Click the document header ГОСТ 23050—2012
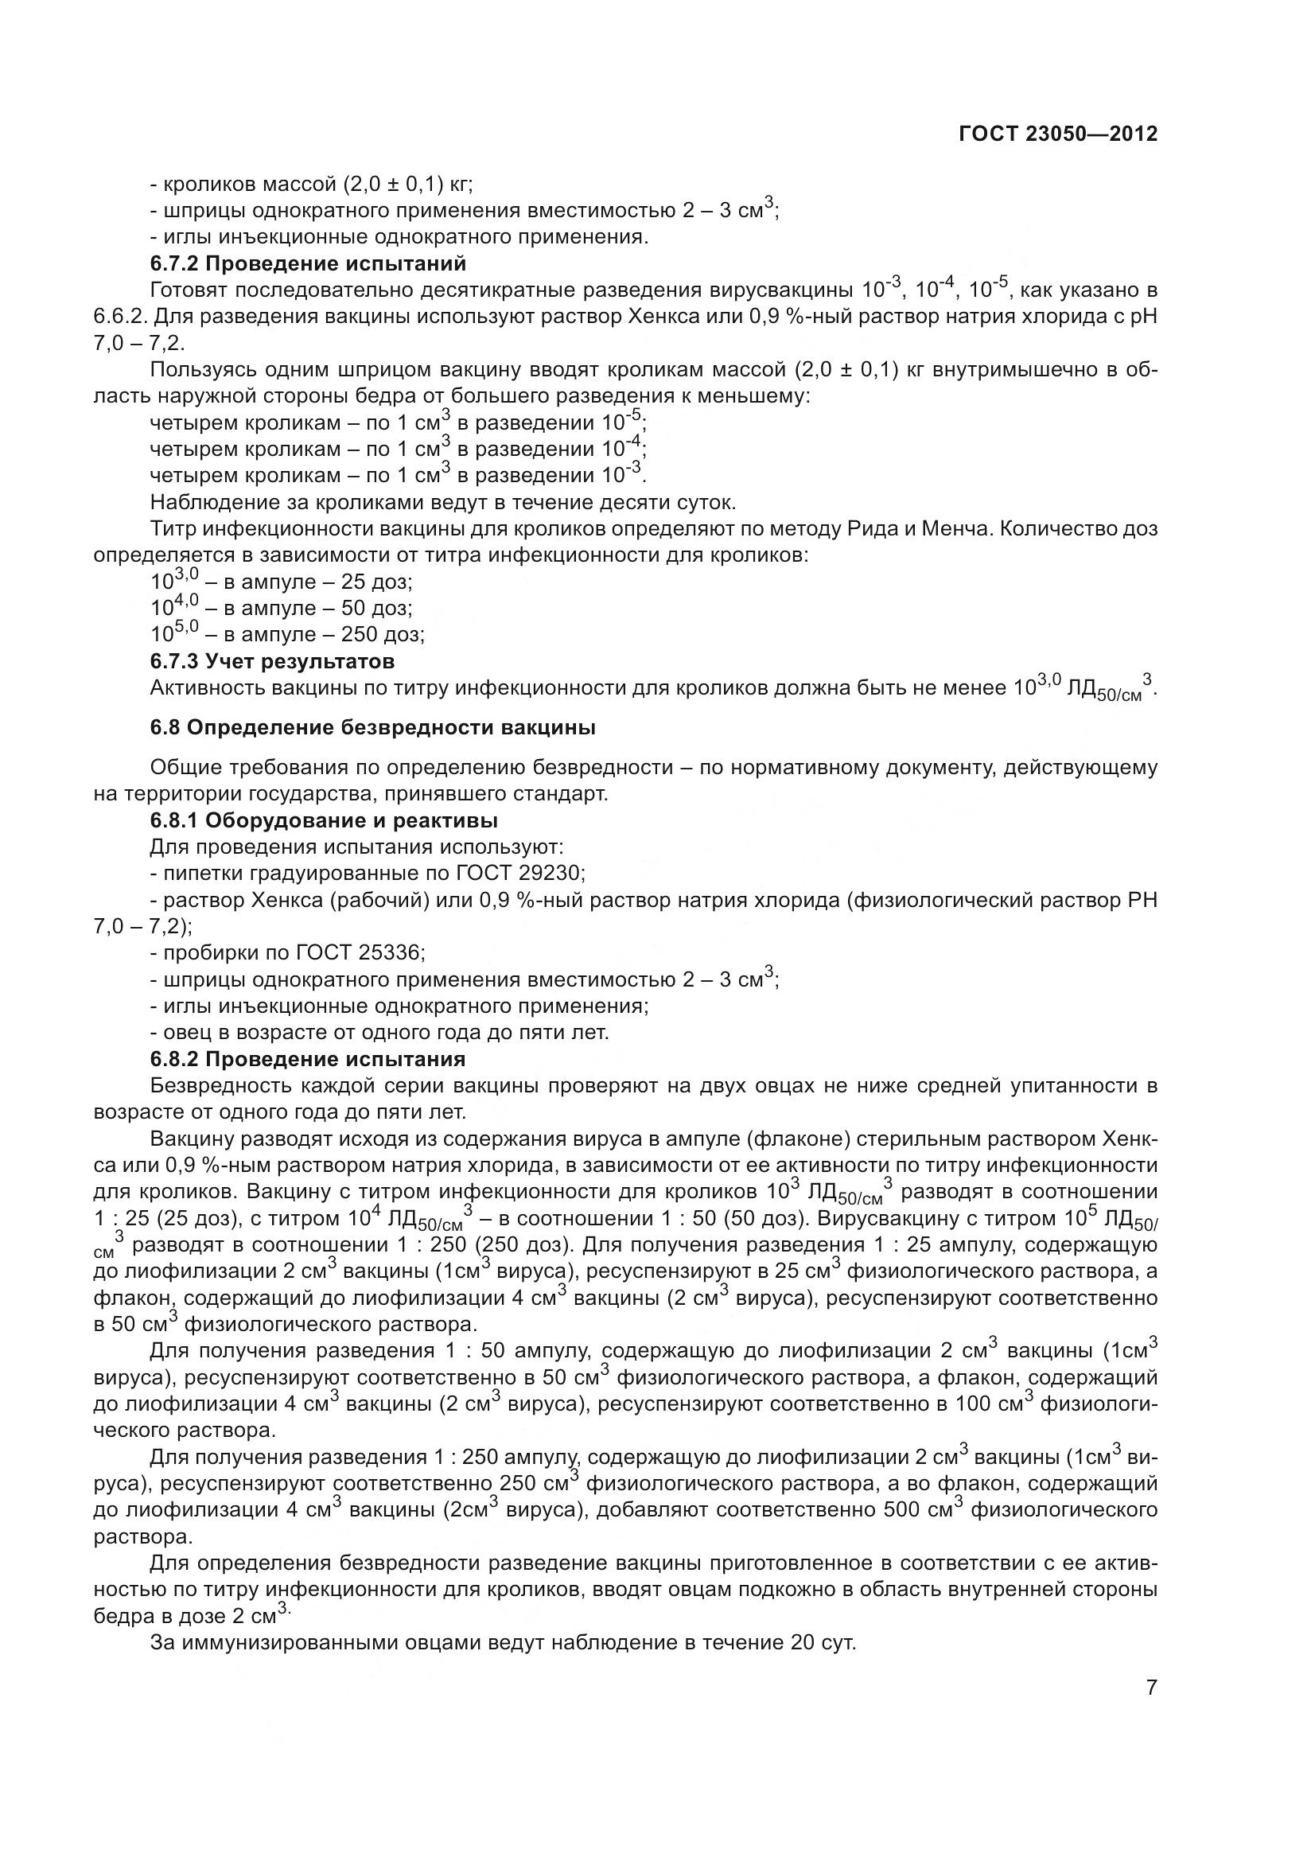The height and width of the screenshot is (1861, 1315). tap(1057, 134)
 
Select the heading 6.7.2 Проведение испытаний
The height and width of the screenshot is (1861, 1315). tap(308, 263)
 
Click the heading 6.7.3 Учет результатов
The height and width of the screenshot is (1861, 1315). tap(272, 661)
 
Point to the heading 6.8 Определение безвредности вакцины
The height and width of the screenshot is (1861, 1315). tap(373, 728)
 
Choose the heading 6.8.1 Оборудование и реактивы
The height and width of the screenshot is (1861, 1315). tap(323, 820)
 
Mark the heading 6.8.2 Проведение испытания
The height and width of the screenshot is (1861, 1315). tap(308, 1058)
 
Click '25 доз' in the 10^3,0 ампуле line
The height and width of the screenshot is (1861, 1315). tap(376, 582)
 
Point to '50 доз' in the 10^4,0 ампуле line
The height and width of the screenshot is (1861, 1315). tap(376, 609)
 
